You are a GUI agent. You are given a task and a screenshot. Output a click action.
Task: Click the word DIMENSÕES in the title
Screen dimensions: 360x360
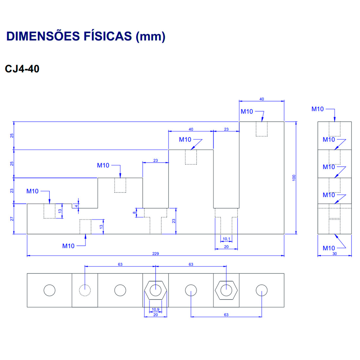pos(43,36)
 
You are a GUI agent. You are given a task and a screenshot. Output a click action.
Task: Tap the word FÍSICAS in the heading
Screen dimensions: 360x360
pos(108,36)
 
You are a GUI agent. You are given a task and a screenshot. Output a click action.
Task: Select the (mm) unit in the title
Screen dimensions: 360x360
pos(151,37)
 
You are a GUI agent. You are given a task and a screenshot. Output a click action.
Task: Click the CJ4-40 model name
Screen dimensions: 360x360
pos(22,69)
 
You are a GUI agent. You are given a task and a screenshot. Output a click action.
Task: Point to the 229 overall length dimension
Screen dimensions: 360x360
pos(155,253)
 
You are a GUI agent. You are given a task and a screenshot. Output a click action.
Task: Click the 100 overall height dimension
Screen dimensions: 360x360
pos(294,178)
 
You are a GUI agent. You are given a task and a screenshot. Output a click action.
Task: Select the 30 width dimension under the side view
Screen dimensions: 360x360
pos(334,254)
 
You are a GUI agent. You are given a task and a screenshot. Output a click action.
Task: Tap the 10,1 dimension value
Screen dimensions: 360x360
pos(226,239)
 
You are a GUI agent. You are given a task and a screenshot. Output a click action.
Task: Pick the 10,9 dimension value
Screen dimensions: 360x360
pos(155,309)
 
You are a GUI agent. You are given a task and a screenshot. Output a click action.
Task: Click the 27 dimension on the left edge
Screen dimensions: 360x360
pos(12,219)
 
